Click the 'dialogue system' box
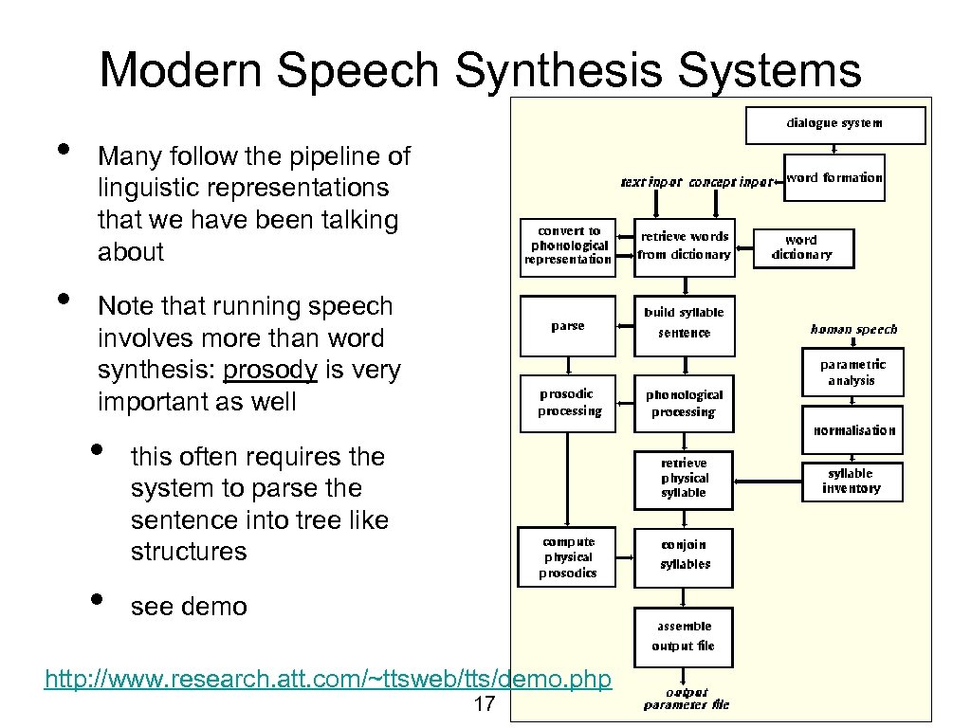coord(834,124)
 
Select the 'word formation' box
coord(834,177)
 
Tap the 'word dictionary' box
coord(802,247)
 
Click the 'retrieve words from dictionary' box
coord(684,247)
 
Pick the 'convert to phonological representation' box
coord(568,246)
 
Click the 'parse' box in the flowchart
coord(568,326)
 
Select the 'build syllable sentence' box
coord(684,323)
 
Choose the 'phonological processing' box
coord(684,404)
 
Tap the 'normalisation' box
coord(852,430)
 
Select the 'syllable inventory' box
coord(851,482)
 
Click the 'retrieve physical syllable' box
coord(684,479)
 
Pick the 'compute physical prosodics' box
coord(567,558)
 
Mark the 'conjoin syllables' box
coord(685,555)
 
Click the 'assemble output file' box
coord(684,636)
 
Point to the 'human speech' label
coord(853,330)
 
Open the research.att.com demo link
coord(328,680)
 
